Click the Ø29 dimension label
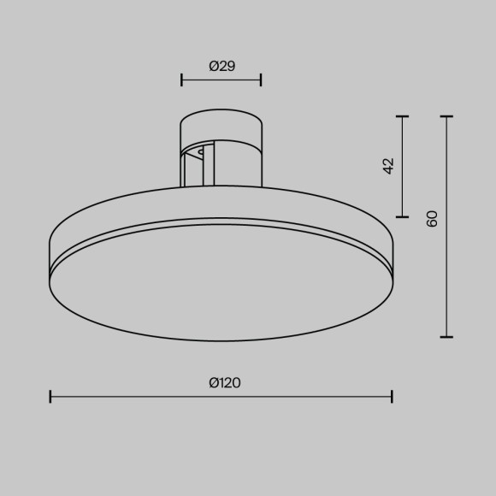click(221, 66)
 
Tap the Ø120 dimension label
click(224, 383)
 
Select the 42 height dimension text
click(389, 166)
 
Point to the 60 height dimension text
click(432, 218)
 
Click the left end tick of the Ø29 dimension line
click(182, 80)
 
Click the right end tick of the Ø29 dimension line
click(261, 80)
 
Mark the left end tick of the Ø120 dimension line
click(50, 396)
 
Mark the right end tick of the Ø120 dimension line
click(392, 396)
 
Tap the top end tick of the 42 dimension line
click(403, 115)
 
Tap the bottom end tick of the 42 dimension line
click(403, 216)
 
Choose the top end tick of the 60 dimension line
click(446, 115)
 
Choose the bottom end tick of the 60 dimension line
click(446, 337)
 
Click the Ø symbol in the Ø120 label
click(213, 383)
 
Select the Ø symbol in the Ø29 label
click(213, 66)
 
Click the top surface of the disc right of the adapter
click(316, 205)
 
